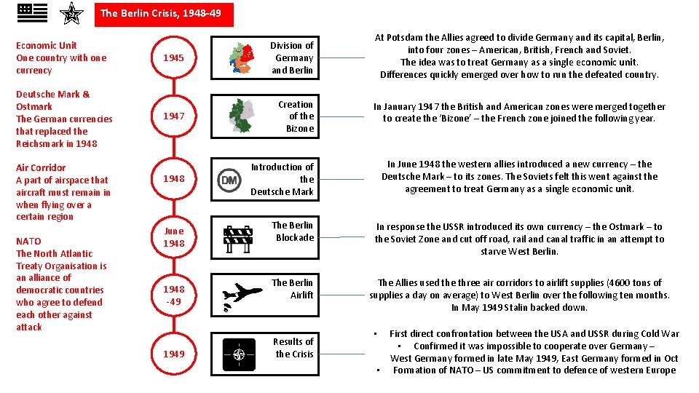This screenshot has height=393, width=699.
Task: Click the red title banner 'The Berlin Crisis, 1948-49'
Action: point(161,13)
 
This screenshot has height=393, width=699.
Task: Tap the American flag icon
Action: point(32,12)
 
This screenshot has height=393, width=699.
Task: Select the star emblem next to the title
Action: point(71,13)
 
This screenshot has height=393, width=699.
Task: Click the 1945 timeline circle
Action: point(173,57)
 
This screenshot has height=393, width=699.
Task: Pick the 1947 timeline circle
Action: point(173,116)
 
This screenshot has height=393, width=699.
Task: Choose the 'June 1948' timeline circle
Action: point(173,237)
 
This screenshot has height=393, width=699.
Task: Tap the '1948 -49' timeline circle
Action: point(173,295)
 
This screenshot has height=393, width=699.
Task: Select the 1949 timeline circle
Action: point(173,354)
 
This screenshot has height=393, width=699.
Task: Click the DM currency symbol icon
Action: point(229,179)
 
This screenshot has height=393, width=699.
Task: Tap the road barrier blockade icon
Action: point(237,237)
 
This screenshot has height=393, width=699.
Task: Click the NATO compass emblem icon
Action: point(239,354)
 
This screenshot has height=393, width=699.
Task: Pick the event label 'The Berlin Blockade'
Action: point(292,231)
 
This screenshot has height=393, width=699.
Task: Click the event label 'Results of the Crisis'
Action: point(293,348)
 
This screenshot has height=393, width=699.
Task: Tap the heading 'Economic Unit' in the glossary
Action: point(46,45)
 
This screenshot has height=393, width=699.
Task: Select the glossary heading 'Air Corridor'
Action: point(41,167)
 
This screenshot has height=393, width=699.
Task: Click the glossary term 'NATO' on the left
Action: point(28,241)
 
